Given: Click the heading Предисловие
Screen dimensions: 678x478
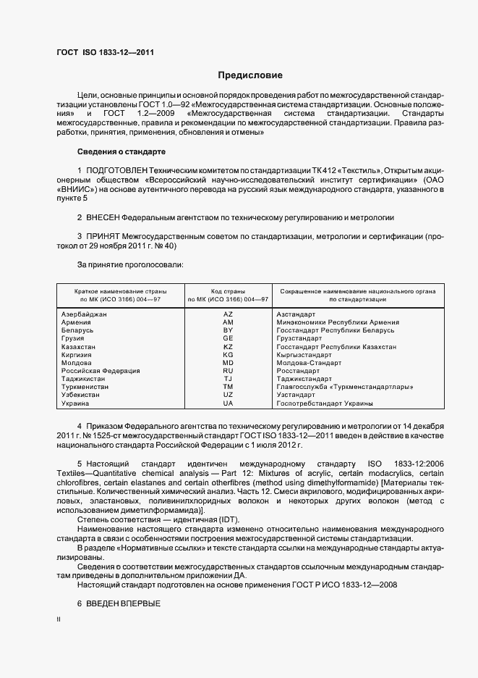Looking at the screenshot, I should pyautogui.click(x=251, y=75).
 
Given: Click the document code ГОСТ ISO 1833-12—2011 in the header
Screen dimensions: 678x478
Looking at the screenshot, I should pyautogui.click(x=105, y=52).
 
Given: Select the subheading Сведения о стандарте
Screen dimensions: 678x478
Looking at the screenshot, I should pyautogui.click(x=121, y=152).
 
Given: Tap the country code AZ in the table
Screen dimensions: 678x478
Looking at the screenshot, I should pyautogui.click(x=228, y=314).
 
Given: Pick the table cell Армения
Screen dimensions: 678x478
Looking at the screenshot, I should pyautogui.click(x=77, y=322).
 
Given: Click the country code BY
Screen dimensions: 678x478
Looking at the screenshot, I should pyautogui.click(x=228, y=330).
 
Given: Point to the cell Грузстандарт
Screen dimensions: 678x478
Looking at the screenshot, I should pyautogui.click(x=299, y=338).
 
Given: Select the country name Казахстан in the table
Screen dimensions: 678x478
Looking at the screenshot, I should pyautogui.click(x=80, y=347).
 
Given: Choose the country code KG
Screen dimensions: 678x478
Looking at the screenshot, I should pyautogui.click(x=228, y=355).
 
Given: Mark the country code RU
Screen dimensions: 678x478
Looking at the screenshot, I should pyautogui.click(x=228, y=371).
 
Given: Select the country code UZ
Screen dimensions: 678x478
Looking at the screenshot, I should pyautogui.click(x=228, y=395).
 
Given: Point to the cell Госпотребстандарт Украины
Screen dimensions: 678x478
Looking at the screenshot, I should pyautogui.click(x=325, y=403).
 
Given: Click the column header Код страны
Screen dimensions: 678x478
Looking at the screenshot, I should pyautogui.click(x=228, y=290).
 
